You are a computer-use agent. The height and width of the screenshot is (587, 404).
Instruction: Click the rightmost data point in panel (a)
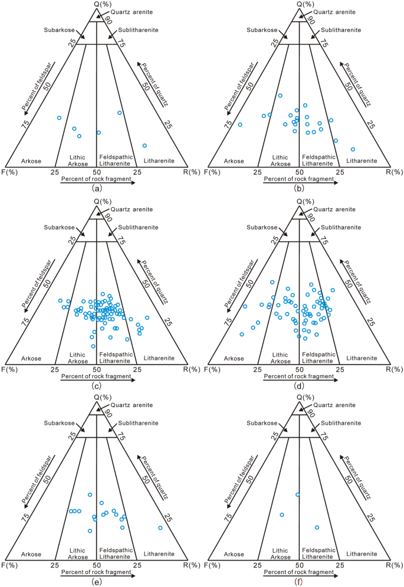144,145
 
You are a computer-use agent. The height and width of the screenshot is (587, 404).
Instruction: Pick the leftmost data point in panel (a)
59,117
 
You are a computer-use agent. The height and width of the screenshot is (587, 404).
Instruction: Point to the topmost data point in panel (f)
298,494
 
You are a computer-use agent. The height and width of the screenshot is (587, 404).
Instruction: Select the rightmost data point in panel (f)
317,527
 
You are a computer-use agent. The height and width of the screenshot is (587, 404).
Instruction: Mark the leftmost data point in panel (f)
282,514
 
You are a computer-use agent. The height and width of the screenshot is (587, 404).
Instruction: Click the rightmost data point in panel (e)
160,527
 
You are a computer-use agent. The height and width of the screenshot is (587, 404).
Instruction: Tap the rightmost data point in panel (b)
353,149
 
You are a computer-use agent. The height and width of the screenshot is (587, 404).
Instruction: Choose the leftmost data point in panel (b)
240,124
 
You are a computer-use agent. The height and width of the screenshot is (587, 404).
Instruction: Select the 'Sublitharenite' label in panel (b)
338,30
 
